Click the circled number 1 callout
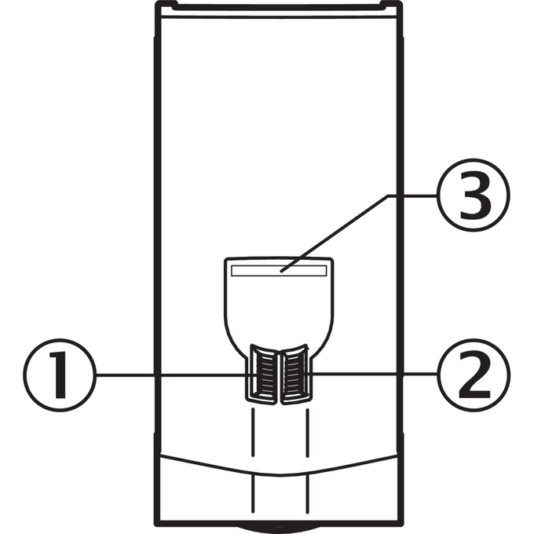[60, 375]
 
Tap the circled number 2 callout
[474, 375]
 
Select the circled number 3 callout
[474, 195]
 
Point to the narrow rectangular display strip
[279, 271]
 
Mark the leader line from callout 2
[374, 374]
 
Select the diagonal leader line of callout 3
[334, 234]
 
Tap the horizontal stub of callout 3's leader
[412, 196]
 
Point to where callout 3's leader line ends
[280, 272]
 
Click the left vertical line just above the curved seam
[253, 433]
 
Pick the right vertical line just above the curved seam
[308, 433]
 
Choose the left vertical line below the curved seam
[253, 494]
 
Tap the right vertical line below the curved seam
[308, 494]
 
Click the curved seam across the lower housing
[279, 474]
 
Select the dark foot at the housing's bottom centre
[279, 529]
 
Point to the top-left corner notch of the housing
[166, 5]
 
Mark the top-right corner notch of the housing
[392, 5]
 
